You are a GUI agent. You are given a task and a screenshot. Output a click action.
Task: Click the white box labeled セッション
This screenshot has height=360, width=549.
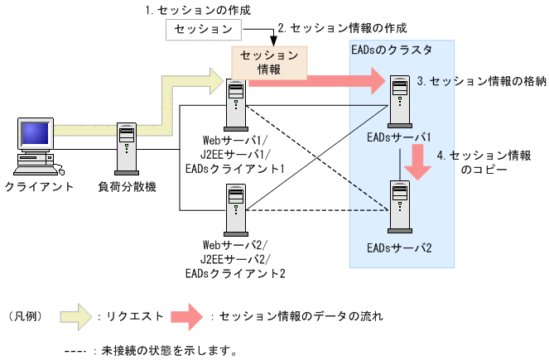(204, 30)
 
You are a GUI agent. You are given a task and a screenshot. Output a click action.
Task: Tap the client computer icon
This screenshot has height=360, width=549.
(36, 146)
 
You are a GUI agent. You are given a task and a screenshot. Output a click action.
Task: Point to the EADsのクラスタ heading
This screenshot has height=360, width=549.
(391, 50)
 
